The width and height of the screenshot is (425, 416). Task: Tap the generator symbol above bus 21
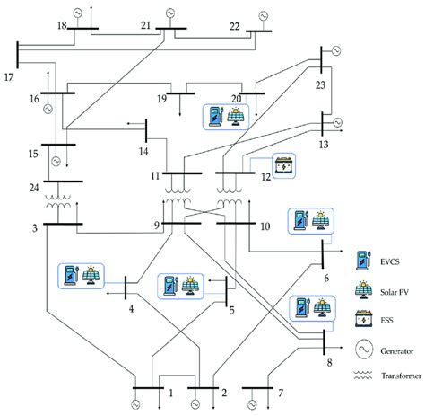pyautogui.click(x=169, y=13)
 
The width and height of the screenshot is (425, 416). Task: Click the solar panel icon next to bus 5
pyautogui.click(x=187, y=286)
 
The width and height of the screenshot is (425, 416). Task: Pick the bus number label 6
pyautogui.click(x=326, y=278)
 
